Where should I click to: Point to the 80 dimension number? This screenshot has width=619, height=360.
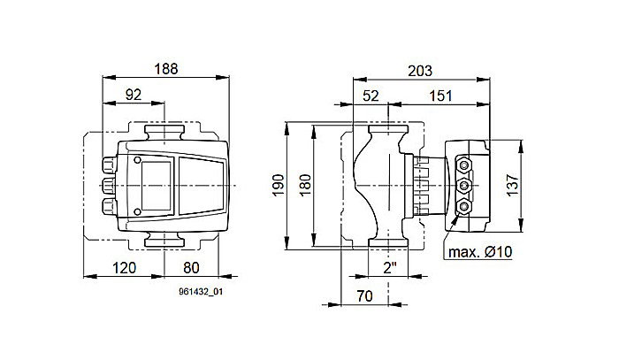(191, 266)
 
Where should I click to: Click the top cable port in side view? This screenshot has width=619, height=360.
(466, 165)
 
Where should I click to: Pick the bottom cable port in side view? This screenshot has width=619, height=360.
(466, 207)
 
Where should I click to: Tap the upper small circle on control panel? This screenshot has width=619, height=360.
(138, 160)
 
